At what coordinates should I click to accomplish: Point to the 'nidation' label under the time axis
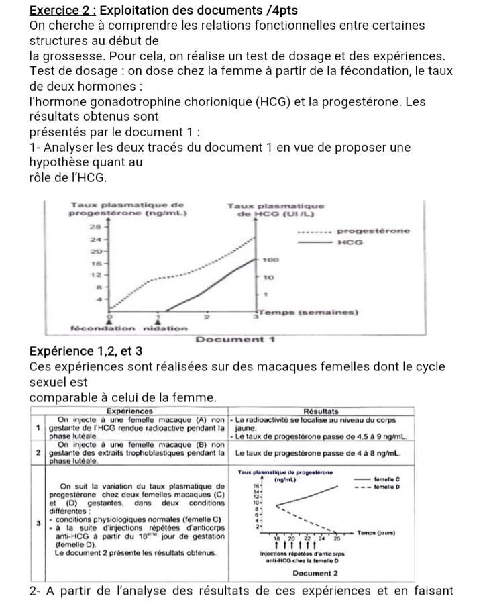(x=161, y=327)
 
